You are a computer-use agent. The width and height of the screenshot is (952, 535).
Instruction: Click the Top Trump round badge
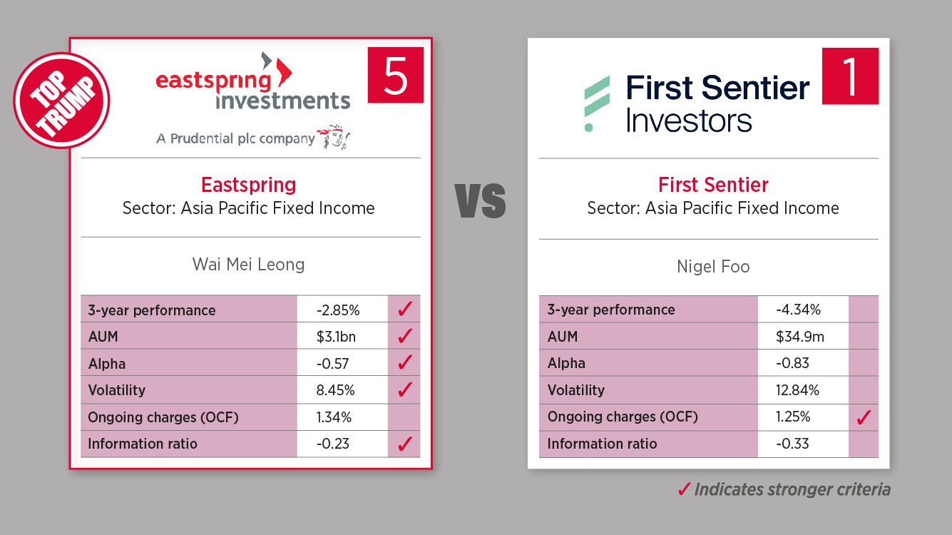(61, 101)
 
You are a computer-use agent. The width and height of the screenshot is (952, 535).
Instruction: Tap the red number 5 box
(396, 75)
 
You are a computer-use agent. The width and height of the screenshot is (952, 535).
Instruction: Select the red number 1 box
(850, 76)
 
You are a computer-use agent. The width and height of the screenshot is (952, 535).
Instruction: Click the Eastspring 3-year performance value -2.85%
(338, 310)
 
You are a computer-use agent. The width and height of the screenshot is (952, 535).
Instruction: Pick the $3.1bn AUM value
(336, 337)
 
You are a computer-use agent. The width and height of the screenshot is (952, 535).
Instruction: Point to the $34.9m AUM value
(800, 337)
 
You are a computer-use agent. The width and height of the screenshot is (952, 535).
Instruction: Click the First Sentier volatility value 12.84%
(797, 390)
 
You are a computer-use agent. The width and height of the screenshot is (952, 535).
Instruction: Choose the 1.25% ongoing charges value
(793, 417)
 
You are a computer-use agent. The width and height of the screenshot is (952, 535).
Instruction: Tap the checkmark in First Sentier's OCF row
(864, 417)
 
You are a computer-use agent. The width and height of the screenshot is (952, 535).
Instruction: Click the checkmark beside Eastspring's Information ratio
(404, 444)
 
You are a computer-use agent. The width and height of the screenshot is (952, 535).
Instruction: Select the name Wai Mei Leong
(248, 264)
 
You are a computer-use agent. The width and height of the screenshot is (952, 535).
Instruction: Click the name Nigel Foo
(713, 267)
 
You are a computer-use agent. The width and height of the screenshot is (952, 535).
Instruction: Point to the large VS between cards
(480, 201)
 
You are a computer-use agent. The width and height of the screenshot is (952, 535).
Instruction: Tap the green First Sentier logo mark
(597, 103)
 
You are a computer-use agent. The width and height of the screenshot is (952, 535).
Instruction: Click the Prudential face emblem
(334, 137)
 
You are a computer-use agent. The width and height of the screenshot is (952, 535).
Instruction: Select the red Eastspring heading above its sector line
(248, 185)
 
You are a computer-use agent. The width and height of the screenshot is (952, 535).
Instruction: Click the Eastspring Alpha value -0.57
(332, 364)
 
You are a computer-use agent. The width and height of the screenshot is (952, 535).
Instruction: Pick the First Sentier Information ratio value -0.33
(792, 444)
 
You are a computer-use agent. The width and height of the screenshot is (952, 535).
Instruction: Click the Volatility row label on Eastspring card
(116, 390)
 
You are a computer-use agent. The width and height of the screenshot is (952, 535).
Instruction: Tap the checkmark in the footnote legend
(684, 489)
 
